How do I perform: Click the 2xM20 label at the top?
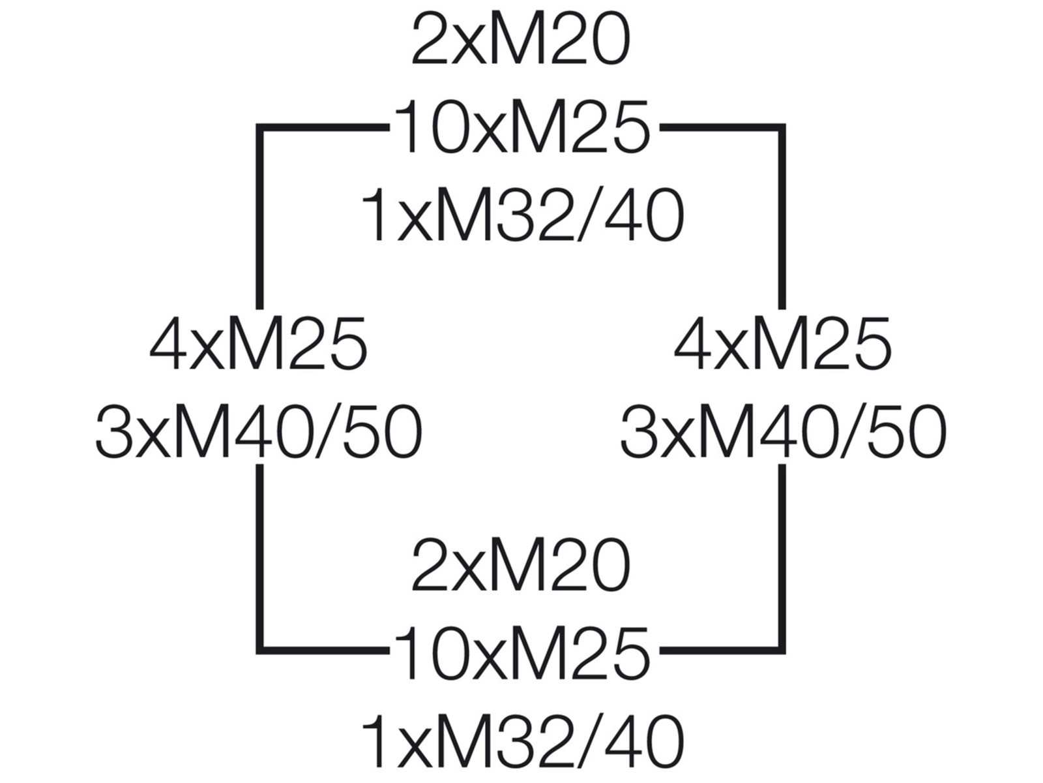click(521, 40)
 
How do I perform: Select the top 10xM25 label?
click(521, 127)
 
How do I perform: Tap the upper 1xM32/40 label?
click(523, 215)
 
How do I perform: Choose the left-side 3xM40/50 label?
click(259, 432)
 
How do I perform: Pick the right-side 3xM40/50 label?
click(782, 432)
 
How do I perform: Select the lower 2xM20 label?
click(521, 564)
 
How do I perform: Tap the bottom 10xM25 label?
click(521, 652)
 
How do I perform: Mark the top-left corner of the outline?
click(260, 128)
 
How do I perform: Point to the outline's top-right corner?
click(782, 128)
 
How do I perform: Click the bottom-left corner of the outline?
click(260, 650)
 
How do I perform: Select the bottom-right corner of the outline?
click(782, 650)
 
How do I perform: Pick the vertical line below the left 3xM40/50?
click(260, 555)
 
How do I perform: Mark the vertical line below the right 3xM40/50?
click(782, 555)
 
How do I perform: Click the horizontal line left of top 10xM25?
click(323, 128)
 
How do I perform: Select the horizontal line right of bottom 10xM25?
click(720, 650)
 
